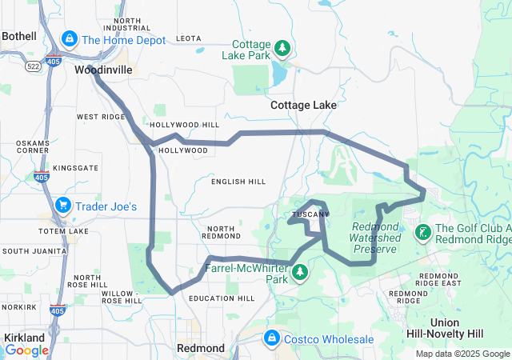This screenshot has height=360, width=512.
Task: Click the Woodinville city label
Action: [x=103, y=70]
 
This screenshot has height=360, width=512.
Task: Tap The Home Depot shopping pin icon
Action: [x=70, y=38]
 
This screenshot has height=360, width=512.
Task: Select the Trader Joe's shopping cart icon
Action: [x=62, y=206]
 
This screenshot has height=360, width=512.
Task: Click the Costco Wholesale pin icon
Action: [x=271, y=338]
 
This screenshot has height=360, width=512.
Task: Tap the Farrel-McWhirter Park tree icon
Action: [x=300, y=272]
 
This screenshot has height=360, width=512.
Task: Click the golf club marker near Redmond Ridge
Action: [x=422, y=233]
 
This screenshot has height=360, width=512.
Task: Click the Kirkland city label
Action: [x=24, y=338]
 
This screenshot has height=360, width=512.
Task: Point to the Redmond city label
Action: [x=200, y=349]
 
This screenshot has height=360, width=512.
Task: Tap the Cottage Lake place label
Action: [x=303, y=105]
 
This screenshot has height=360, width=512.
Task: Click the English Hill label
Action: [x=238, y=182]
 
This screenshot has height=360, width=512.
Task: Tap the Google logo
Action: [x=26, y=350]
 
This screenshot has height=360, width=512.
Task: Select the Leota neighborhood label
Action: [x=188, y=38]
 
